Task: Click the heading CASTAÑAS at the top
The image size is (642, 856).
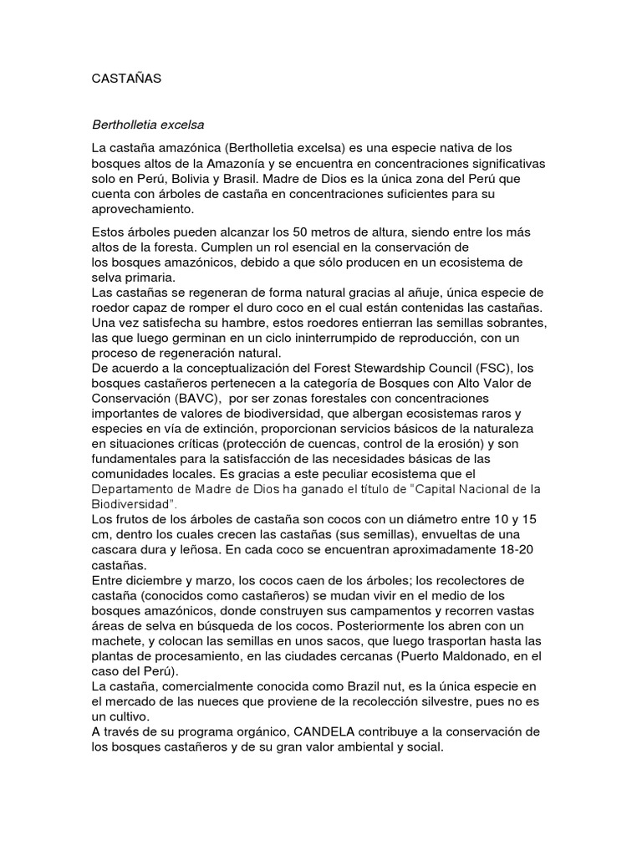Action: click(x=125, y=79)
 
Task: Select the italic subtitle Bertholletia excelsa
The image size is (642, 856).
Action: click(x=148, y=124)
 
